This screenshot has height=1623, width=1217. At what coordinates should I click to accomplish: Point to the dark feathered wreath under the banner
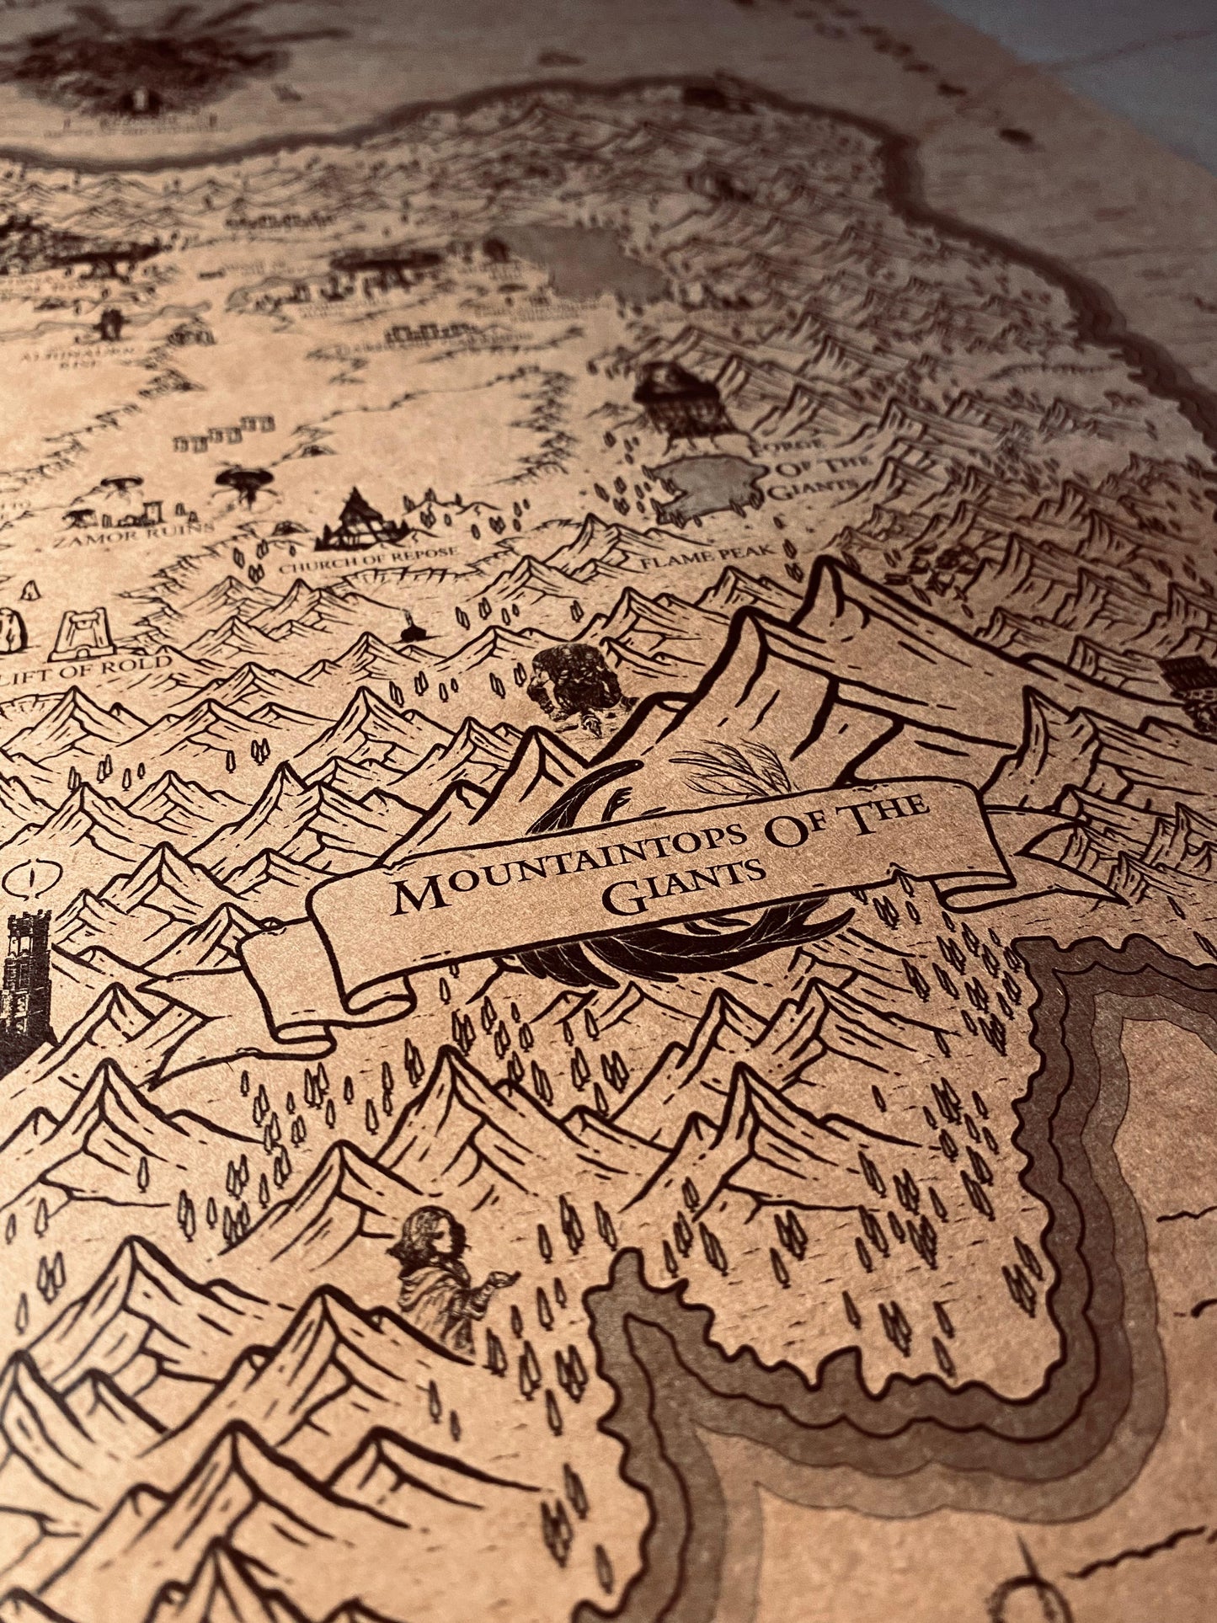(x=674, y=948)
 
